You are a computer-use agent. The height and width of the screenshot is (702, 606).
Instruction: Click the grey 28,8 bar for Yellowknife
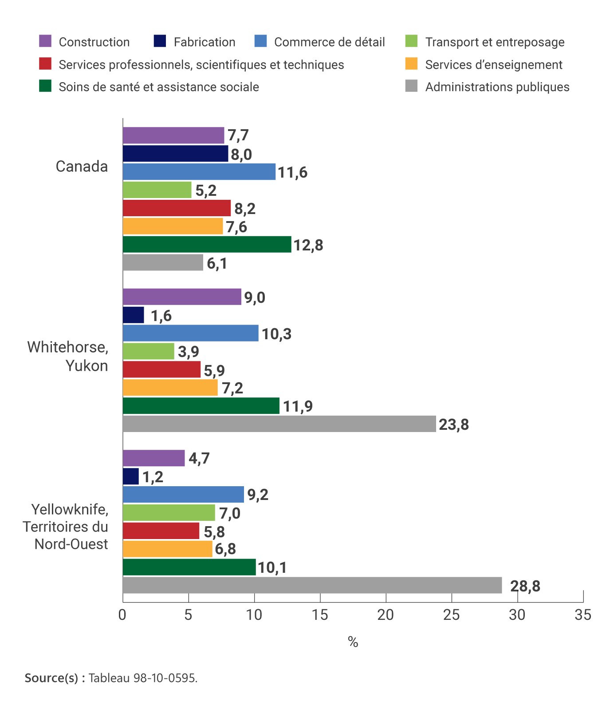tap(312, 585)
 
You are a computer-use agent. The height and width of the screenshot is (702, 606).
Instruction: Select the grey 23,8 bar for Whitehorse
tap(279, 424)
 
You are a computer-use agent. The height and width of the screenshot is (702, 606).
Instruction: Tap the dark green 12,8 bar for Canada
tap(207, 245)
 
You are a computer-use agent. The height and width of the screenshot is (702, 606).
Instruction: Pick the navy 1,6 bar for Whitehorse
tap(133, 315)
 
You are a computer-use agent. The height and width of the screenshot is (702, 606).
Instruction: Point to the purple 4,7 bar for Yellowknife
tap(153, 458)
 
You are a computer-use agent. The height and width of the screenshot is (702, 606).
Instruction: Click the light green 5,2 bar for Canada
tap(157, 190)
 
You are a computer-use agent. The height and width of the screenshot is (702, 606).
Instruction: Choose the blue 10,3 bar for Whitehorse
tap(190, 333)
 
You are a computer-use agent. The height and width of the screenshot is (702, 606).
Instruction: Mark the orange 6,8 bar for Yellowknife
tap(167, 549)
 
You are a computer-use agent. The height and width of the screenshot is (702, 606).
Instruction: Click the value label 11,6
tap(292, 172)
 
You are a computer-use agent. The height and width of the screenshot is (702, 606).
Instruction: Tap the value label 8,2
tap(245, 209)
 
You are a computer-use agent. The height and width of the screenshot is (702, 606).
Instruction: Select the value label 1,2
tap(153, 477)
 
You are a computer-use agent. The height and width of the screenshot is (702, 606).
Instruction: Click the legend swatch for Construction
tap(45, 41)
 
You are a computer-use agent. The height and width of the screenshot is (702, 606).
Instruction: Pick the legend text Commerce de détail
tap(329, 42)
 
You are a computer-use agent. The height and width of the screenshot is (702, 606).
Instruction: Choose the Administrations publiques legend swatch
tap(411, 86)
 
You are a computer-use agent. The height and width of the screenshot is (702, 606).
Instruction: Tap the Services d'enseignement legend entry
tap(493, 65)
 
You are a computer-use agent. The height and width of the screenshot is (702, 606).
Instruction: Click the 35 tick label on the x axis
tap(583, 615)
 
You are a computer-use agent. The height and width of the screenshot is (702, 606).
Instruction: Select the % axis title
tap(353, 642)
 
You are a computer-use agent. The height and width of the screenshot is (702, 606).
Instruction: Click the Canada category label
tap(82, 167)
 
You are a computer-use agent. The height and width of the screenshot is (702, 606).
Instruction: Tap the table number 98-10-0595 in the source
tap(164, 678)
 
